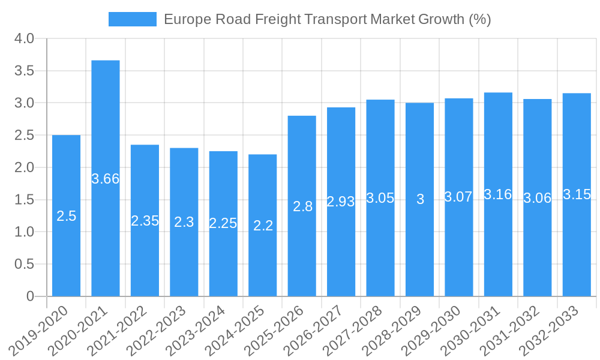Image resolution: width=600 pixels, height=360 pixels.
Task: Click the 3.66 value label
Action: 106,178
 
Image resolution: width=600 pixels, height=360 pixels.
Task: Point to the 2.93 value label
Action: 341,202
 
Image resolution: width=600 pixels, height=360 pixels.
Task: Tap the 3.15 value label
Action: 577,194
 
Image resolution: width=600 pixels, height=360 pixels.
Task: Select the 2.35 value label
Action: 145,221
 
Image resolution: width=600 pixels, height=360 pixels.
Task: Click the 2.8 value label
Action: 302,206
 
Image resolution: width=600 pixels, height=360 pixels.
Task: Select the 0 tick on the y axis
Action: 31,296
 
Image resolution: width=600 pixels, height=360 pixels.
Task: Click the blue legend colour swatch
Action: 132,19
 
